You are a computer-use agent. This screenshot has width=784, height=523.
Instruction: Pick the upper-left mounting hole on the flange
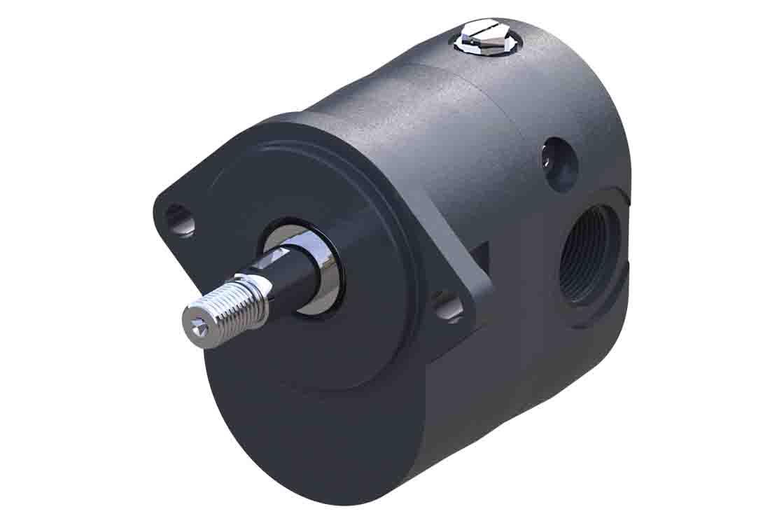click(x=179, y=219)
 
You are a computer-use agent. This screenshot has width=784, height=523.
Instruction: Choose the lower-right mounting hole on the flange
click(x=447, y=307)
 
